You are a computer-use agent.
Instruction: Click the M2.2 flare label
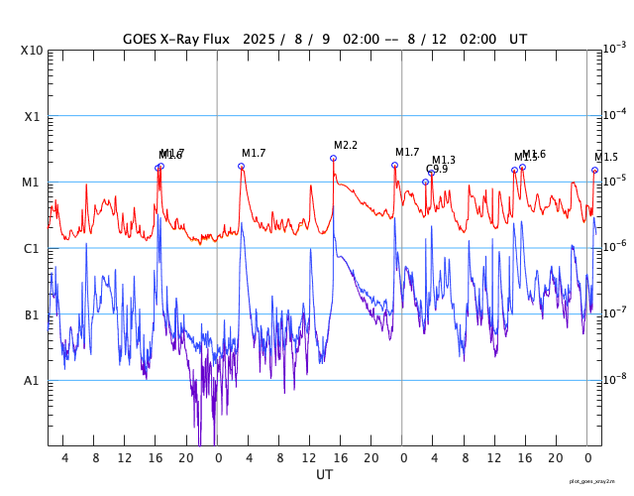(346, 146)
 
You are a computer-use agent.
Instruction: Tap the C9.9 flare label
(437, 170)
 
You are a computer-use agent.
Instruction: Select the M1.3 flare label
(444, 161)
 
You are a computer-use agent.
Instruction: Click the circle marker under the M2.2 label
(334, 158)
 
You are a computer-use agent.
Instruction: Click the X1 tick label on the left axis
(33, 116)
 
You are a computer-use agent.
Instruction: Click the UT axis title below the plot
(324, 475)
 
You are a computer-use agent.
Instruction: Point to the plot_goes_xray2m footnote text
(599, 480)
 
